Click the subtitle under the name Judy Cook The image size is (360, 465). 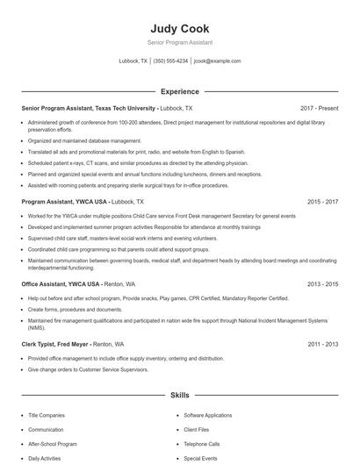click(180, 42)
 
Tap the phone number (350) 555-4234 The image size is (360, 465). click(170, 61)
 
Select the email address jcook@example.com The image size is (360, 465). click(217, 61)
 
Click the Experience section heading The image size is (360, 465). click(180, 91)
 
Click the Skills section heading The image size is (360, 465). click(180, 396)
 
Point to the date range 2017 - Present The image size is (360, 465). click(319, 108)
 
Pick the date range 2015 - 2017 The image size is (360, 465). click(322, 202)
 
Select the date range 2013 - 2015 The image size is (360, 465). click(322, 284)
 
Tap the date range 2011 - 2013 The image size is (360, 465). click(322, 345)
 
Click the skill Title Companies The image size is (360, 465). click(46, 415)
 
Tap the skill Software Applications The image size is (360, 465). click(208, 415)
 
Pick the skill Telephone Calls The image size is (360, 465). click(202, 444)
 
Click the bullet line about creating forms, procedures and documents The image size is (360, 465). click(75, 310)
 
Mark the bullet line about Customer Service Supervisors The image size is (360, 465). click(90, 369)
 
